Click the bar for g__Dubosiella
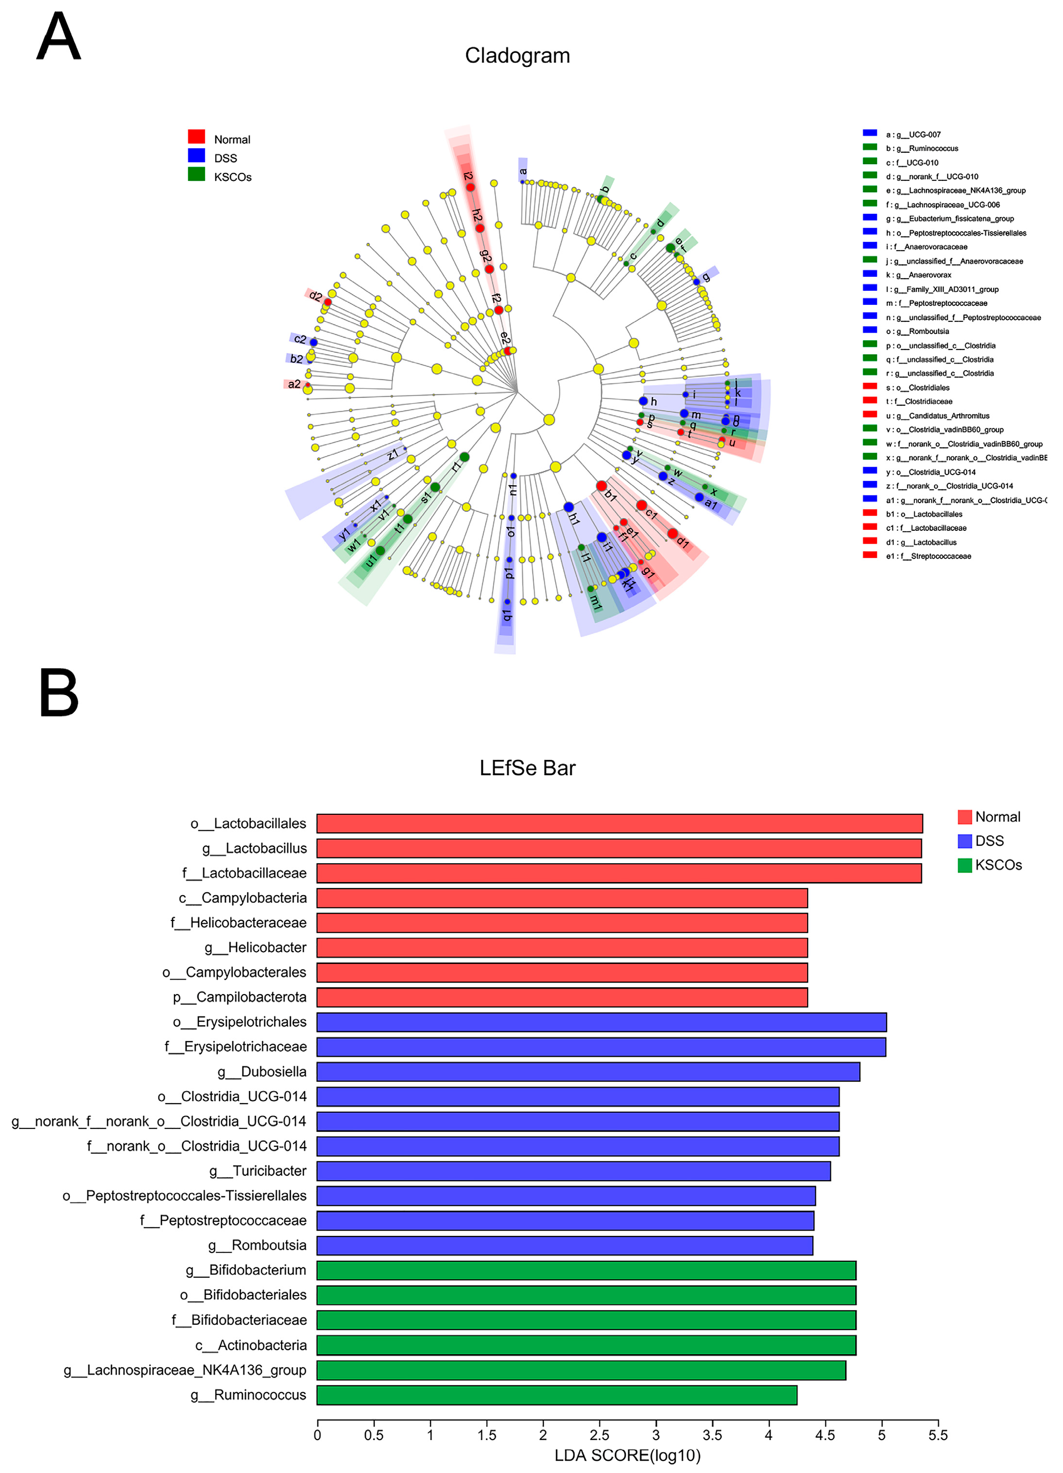(587, 1072)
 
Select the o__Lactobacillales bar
(619, 824)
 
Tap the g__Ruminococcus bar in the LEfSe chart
(556, 1395)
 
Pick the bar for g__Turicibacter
(573, 1171)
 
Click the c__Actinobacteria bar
(587, 1345)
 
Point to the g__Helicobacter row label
(255, 948)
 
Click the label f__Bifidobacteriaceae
(239, 1320)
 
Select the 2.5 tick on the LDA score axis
(599, 1435)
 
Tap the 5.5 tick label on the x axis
(937, 1435)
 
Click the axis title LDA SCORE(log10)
(627, 1456)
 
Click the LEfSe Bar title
(527, 768)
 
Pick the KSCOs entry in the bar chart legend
(990, 865)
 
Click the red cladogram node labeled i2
(470, 187)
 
